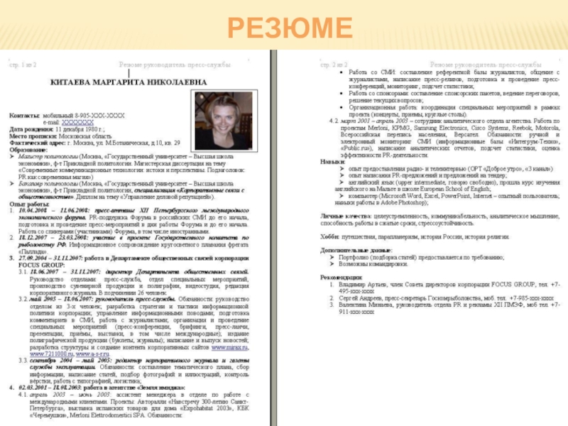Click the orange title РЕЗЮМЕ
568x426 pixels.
(x=290, y=28)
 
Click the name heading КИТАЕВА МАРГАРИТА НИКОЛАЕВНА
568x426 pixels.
(x=117, y=82)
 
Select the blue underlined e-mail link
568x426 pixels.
(x=78, y=123)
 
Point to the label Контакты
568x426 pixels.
(x=24, y=115)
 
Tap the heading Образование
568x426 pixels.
(x=28, y=149)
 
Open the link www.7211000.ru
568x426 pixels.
(x=51, y=353)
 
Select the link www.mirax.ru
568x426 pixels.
(x=233, y=346)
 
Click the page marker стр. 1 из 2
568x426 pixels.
(x=23, y=65)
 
